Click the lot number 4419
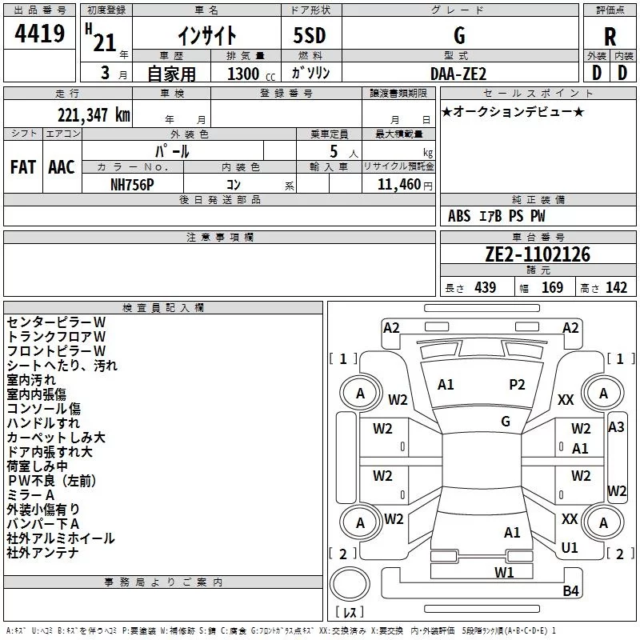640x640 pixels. click(x=39, y=34)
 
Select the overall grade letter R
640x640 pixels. click(x=610, y=37)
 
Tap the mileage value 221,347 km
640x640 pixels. click(x=94, y=115)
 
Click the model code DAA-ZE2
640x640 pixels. click(x=458, y=74)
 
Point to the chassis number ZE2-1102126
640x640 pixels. click(x=538, y=254)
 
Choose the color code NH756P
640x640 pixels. click(x=132, y=185)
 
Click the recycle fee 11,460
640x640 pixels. click(x=399, y=185)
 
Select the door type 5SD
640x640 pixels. click(x=310, y=35)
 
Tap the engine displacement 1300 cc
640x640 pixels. click(x=251, y=74)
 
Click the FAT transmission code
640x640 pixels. click(x=23, y=167)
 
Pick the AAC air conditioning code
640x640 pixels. click(x=62, y=167)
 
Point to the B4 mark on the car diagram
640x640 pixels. click(x=570, y=590)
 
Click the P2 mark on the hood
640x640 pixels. click(x=517, y=385)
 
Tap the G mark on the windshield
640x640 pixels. click(x=506, y=422)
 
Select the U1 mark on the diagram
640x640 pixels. click(x=570, y=547)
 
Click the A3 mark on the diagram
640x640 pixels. click(x=616, y=427)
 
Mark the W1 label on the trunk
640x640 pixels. click(x=504, y=572)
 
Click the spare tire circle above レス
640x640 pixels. click(x=350, y=584)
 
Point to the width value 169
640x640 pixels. click(x=552, y=287)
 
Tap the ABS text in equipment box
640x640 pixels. click(x=459, y=216)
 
